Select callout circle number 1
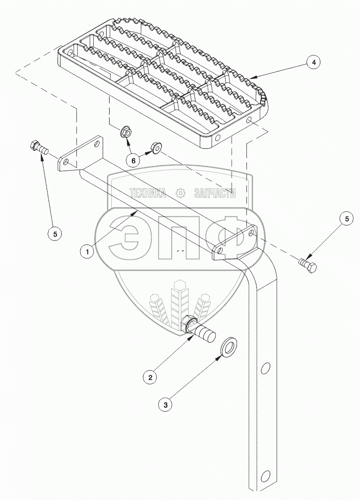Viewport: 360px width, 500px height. coord(87,251)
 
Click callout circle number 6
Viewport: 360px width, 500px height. coord(132,160)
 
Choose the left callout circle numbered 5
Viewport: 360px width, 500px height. coord(55,233)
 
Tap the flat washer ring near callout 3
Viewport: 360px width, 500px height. coord(229,348)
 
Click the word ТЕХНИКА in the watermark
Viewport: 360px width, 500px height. coord(147,193)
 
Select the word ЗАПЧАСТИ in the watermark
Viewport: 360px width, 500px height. coord(215,193)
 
